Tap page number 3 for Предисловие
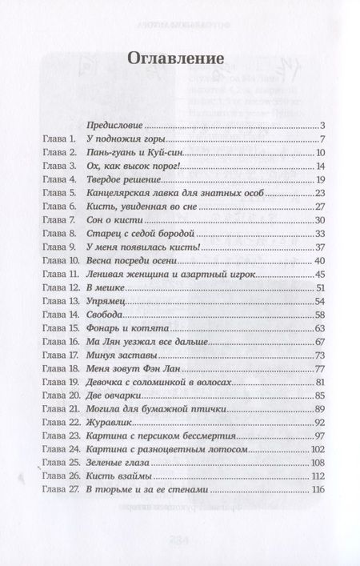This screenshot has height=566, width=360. pos(319,125)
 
